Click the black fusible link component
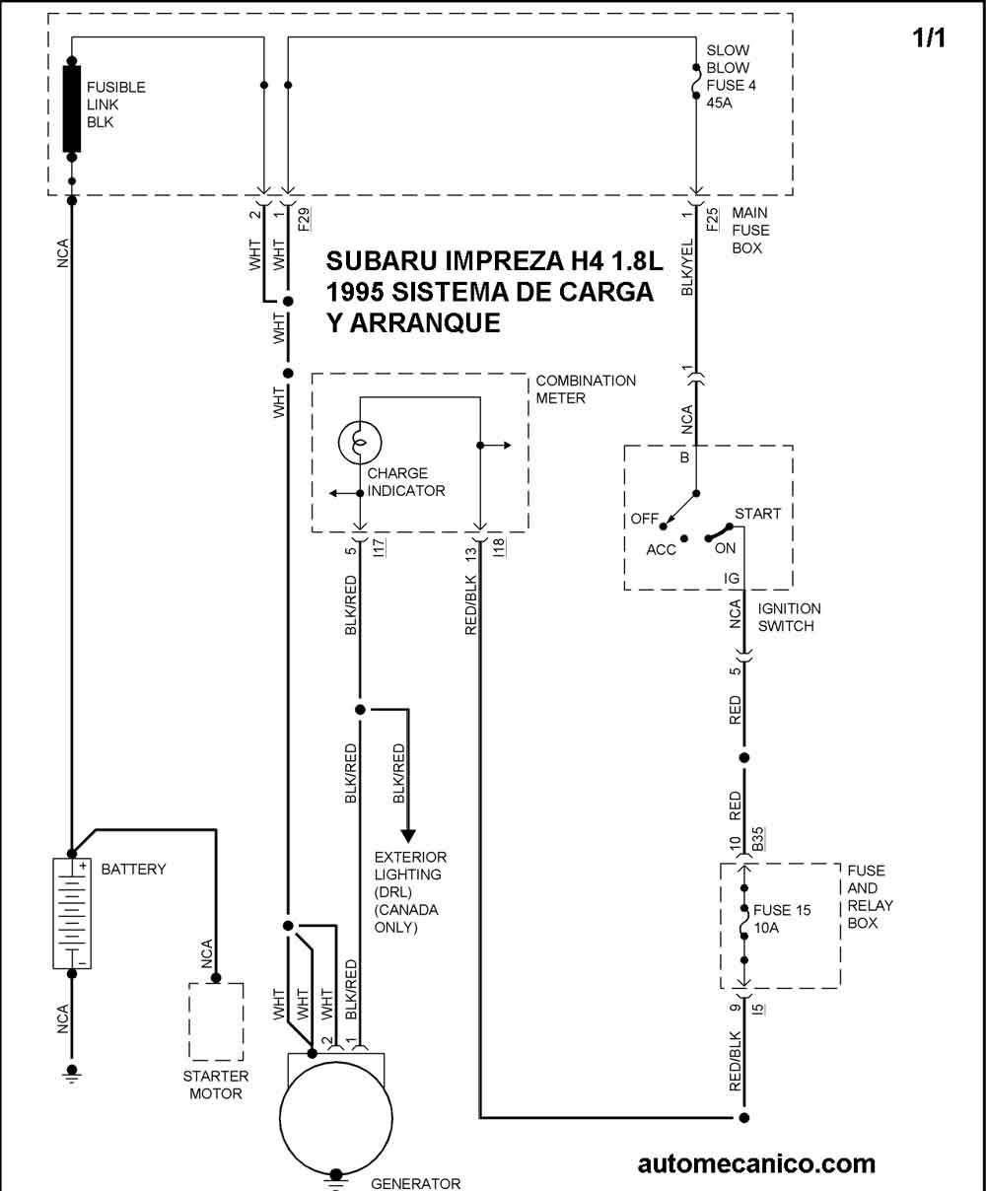click(72, 109)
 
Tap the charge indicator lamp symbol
click(360, 442)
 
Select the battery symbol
click(72, 913)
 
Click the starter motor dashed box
click(216, 1021)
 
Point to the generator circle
click(336, 1118)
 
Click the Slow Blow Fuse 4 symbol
click(696, 82)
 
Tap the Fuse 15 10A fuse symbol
click(744, 924)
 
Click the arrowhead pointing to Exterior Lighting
click(408, 836)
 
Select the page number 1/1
click(929, 38)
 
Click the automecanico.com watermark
click(756, 1163)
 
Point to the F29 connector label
click(305, 219)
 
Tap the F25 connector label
click(713, 219)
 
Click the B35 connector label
click(758, 838)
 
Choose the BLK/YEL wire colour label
click(687, 267)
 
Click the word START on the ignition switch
click(758, 514)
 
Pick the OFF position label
click(644, 519)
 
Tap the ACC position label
click(661, 550)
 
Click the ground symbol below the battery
click(72, 1075)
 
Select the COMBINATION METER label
click(586, 389)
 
